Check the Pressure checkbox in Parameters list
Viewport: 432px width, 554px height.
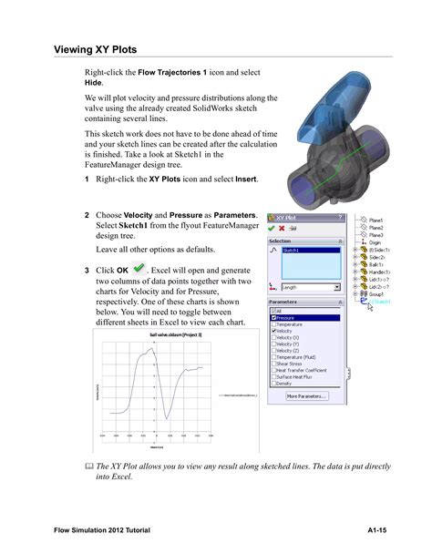[274, 318]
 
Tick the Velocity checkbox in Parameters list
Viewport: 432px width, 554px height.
[274, 331]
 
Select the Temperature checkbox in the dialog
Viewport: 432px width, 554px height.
[274, 324]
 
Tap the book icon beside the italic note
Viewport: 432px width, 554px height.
[88, 466]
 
